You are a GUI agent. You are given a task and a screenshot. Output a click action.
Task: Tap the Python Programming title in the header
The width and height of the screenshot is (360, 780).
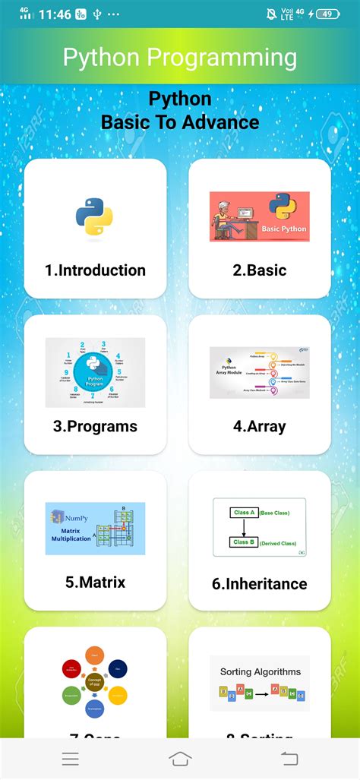180,58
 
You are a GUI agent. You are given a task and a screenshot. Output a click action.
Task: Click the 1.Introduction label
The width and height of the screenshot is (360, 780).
95,270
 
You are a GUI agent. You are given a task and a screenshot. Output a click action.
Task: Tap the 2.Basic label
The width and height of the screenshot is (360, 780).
260,270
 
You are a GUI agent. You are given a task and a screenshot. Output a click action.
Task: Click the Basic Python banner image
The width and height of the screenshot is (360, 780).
260,216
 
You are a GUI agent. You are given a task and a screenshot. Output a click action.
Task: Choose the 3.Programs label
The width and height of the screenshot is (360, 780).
95,426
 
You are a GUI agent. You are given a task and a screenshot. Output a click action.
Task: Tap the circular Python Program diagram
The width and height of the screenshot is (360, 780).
95,372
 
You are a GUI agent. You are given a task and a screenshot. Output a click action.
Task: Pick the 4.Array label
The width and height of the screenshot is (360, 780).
260,426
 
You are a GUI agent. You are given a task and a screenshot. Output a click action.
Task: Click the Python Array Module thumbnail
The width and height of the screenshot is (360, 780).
260,372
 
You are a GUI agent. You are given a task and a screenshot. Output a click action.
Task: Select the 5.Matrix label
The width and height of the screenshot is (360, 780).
95,583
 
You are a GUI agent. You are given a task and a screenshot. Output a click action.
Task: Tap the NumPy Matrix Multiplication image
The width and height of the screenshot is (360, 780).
95,528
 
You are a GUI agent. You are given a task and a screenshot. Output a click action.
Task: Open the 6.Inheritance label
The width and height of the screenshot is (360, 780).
260,583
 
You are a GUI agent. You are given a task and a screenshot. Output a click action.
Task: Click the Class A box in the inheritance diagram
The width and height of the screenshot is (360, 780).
243,513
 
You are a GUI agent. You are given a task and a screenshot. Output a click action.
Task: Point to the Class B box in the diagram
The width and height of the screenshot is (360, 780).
243,542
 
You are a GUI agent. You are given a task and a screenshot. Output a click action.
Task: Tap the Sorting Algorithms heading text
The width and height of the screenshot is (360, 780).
261,671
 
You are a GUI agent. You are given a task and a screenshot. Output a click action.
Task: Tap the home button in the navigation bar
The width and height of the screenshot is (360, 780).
180,758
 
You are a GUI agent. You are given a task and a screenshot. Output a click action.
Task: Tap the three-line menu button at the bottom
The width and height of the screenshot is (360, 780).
71,758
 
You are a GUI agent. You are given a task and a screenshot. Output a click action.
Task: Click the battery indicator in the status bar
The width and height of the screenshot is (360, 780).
327,14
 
